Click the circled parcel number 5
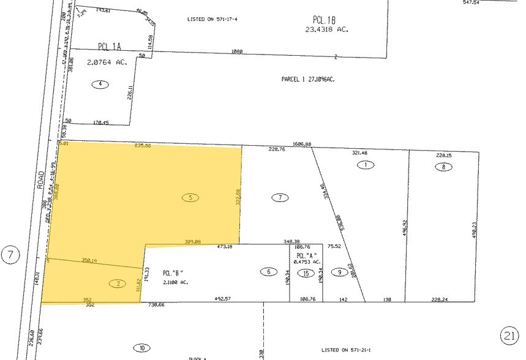191,198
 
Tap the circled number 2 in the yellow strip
118,283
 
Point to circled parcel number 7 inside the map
280,198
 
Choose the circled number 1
366,165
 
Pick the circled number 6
268,272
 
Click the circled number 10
142,348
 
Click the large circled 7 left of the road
11,255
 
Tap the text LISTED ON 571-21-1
348,350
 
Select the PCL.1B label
320,20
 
